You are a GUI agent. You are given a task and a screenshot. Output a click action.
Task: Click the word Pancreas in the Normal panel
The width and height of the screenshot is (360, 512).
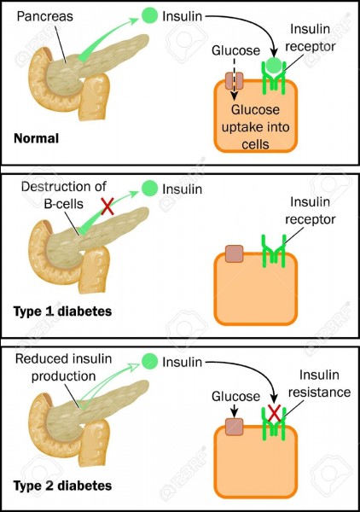coord(44,16)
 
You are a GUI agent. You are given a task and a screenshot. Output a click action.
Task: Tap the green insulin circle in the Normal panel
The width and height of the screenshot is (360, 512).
coord(149,15)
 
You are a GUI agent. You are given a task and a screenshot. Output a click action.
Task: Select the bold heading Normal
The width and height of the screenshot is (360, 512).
coord(36,138)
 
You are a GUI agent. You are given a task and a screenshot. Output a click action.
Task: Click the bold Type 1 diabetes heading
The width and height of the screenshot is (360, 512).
coord(62,311)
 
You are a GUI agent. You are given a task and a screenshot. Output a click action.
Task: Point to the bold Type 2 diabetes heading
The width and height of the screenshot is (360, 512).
coord(62,486)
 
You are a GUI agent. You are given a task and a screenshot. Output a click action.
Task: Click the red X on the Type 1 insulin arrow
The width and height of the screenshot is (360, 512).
coord(107,207)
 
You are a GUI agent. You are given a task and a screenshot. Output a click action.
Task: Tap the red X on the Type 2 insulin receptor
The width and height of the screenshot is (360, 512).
coord(274,413)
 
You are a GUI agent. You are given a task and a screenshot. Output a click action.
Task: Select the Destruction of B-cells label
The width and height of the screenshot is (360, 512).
coord(64,195)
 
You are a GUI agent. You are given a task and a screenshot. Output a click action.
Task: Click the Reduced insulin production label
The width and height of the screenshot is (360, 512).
coord(64,367)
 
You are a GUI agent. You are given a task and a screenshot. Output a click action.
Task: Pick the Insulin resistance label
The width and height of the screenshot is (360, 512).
coord(319,383)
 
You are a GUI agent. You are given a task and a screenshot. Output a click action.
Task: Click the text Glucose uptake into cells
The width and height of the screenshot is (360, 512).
coord(256,126)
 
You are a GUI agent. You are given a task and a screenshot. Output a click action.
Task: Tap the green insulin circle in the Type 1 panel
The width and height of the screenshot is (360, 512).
coord(149,189)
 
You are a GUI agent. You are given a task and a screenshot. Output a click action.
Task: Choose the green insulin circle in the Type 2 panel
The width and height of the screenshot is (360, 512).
coord(149,361)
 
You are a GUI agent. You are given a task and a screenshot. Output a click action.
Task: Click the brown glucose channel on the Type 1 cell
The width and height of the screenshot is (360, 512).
coord(235,253)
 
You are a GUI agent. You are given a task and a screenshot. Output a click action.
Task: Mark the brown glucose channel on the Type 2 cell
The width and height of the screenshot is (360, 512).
coord(235,427)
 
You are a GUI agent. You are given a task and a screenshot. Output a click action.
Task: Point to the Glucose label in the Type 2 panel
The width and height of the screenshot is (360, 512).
coord(235,396)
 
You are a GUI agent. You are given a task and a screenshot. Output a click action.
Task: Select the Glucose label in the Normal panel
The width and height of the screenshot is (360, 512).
coord(235,50)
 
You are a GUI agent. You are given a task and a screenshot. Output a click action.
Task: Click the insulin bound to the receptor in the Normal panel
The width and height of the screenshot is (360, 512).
coord(274,66)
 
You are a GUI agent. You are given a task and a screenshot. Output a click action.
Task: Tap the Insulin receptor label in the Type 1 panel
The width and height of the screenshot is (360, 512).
coord(310,211)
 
